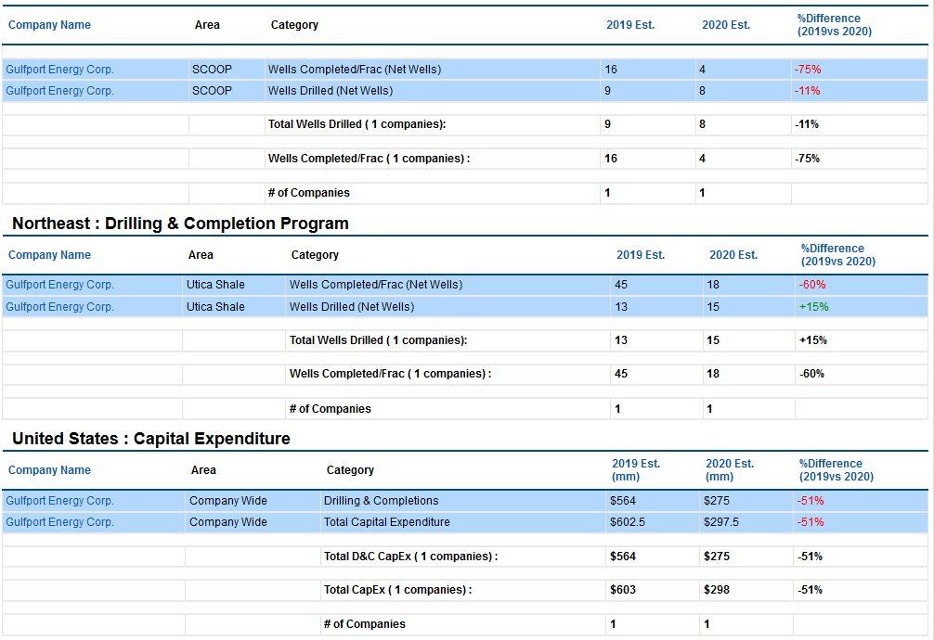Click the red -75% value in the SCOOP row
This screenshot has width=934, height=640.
[x=807, y=69]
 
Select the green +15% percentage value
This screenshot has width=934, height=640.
[x=813, y=307]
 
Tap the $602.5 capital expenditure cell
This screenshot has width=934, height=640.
[x=628, y=522]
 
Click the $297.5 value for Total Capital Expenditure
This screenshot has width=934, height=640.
[x=720, y=522]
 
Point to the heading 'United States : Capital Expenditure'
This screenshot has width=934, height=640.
[x=151, y=439]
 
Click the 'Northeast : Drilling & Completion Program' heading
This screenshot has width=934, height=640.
[x=180, y=224]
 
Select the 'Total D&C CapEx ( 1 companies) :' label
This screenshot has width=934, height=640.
[x=410, y=556]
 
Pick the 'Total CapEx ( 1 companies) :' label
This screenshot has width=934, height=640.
[x=397, y=590]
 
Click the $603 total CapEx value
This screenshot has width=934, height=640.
[x=622, y=590]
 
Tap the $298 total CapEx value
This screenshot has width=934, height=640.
[x=716, y=590]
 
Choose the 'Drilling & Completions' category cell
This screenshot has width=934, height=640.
[x=381, y=501]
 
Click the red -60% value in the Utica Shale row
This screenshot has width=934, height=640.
[x=811, y=285]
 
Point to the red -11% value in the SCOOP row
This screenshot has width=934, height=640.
[x=807, y=91]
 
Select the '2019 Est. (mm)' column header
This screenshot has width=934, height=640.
[x=636, y=469]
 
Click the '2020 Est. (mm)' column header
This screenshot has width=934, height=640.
[x=729, y=469]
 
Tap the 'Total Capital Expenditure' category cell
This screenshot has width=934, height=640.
[x=386, y=522]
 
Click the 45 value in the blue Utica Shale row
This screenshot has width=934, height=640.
[x=621, y=285]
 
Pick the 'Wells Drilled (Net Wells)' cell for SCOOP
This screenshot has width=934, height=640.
[x=330, y=91]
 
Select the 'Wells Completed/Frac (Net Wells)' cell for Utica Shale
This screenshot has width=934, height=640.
[x=376, y=285]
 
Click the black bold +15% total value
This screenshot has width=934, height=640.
[x=813, y=340]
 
